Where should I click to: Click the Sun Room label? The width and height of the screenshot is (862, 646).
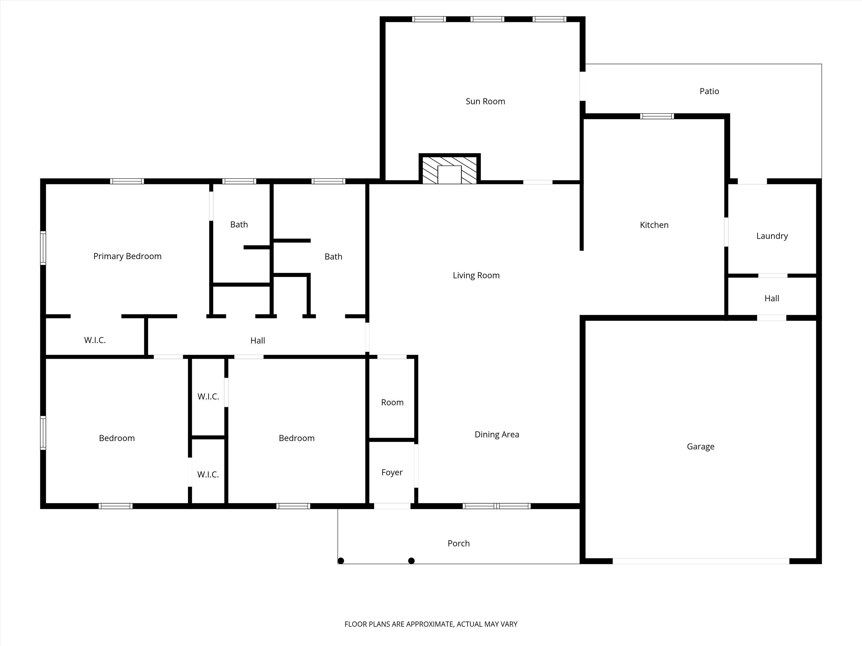coord(485,101)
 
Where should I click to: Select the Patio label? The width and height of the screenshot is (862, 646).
coord(709,91)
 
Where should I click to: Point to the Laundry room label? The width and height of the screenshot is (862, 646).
coord(772,236)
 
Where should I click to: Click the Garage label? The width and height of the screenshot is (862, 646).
coord(700,447)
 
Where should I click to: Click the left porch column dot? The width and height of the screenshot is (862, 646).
coord(341,561)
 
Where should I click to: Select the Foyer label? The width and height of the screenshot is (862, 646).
coord(392,472)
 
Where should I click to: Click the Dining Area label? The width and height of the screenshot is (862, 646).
coord(497,435)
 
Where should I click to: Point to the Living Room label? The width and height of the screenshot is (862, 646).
coord(476,275)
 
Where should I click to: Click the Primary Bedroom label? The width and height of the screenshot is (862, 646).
coord(127,256)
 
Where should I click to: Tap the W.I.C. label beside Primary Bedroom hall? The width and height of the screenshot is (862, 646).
coord(95,340)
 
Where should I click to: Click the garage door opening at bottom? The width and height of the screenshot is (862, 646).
coord(701,561)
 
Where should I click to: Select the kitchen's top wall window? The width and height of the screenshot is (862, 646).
coord(657,116)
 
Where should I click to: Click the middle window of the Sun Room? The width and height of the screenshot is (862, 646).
coord(487,19)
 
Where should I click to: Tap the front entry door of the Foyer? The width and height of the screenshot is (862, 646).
coord(392,506)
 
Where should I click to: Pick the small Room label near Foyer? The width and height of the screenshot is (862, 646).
coord(392,402)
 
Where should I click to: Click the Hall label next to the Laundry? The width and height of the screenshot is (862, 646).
coord(772,298)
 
